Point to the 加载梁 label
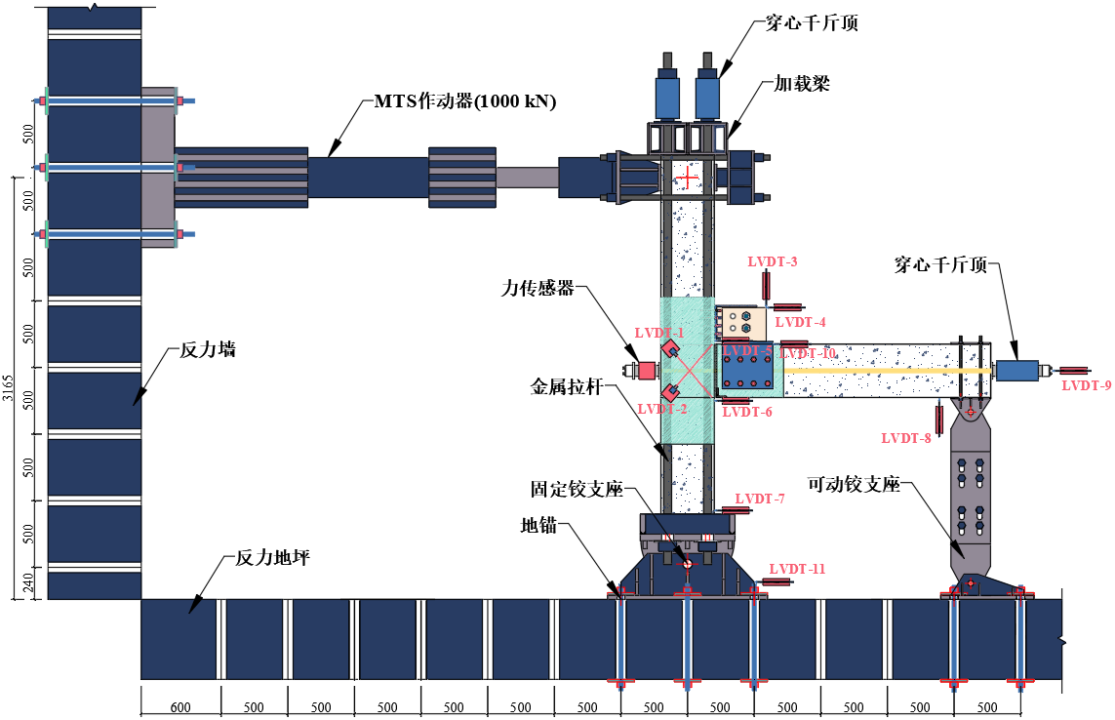click(802, 84)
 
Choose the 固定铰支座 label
click(577, 489)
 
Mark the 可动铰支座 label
click(854, 484)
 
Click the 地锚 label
click(538, 525)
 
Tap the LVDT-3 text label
click(773, 261)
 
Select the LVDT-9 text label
click(1087, 385)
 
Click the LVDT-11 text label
click(797, 569)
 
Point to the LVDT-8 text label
click(906, 438)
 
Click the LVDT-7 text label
click(760, 499)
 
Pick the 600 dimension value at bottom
click(180, 707)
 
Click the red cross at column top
click(689, 178)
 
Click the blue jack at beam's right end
click(1016, 371)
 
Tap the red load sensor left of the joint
click(646, 371)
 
